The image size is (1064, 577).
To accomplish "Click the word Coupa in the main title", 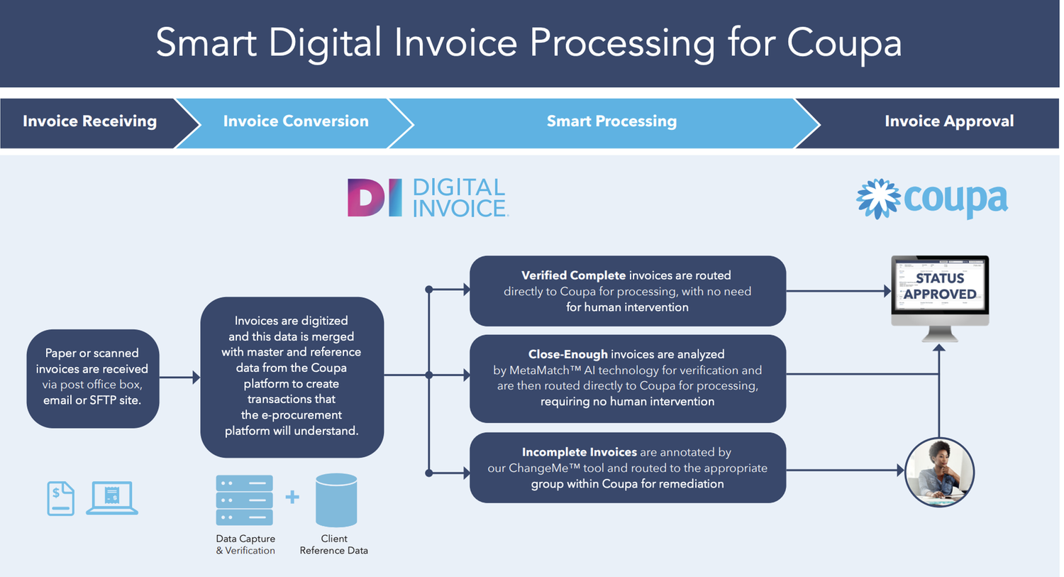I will click(x=844, y=43).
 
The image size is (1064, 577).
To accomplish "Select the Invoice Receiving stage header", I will click(x=89, y=121).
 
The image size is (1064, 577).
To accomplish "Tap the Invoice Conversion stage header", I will click(x=296, y=121).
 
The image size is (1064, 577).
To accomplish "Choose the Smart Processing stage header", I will click(x=611, y=121).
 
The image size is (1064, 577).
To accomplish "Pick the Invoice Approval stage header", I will click(x=948, y=121).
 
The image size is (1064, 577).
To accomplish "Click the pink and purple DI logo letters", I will click(x=375, y=197).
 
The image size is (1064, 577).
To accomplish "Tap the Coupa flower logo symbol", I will click(x=878, y=198).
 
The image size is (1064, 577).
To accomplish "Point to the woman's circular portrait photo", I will click(x=940, y=471).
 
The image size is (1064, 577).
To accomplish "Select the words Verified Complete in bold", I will click(x=573, y=275).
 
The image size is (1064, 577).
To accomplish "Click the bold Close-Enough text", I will click(x=567, y=354).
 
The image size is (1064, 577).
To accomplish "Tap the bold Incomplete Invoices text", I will click(x=579, y=452).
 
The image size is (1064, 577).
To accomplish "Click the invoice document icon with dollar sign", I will click(x=60, y=498).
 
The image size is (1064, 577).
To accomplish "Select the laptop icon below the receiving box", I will click(x=112, y=498).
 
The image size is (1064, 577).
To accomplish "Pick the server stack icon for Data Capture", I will click(x=244, y=500).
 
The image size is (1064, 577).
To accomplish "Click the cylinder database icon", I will click(x=336, y=500).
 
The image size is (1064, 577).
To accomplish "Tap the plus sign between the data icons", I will click(x=292, y=498).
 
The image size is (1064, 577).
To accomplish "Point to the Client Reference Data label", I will click(x=333, y=544).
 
